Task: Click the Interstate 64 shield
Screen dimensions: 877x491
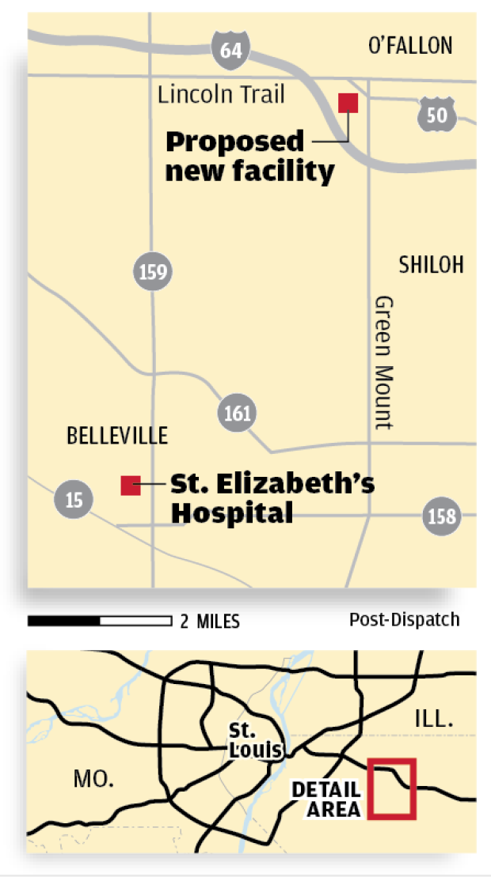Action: pyautogui.click(x=230, y=51)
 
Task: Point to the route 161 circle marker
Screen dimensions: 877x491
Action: pyautogui.click(x=237, y=412)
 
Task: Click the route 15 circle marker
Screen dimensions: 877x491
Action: pyautogui.click(x=74, y=499)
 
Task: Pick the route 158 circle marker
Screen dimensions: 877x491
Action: pyautogui.click(x=441, y=516)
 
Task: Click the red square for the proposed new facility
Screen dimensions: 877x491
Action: pyautogui.click(x=348, y=103)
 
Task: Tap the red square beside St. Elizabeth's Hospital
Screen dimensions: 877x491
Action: pyautogui.click(x=131, y=485)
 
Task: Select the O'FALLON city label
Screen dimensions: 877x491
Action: pyautogui.click(x=410, y=46)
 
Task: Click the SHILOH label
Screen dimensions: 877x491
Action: pyautogui.click(x=432, y=265)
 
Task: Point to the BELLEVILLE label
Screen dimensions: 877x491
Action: pyautogui.click(x=117, y=435)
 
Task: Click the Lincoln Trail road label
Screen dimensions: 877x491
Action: pyautogui.click(x=221, y=96)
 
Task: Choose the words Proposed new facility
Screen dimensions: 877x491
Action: pyautogui.click(x=249, y=156)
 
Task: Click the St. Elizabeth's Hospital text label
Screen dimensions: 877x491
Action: pyautogui.click(x=272, y=498)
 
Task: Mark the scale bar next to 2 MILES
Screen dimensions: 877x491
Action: pyautogui.click(x=100, y=621)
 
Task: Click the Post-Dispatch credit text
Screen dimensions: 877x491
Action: pyautogui.click(x=404, y=619)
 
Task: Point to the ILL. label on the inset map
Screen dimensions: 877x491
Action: pyautogui.click(x=433, y=720)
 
